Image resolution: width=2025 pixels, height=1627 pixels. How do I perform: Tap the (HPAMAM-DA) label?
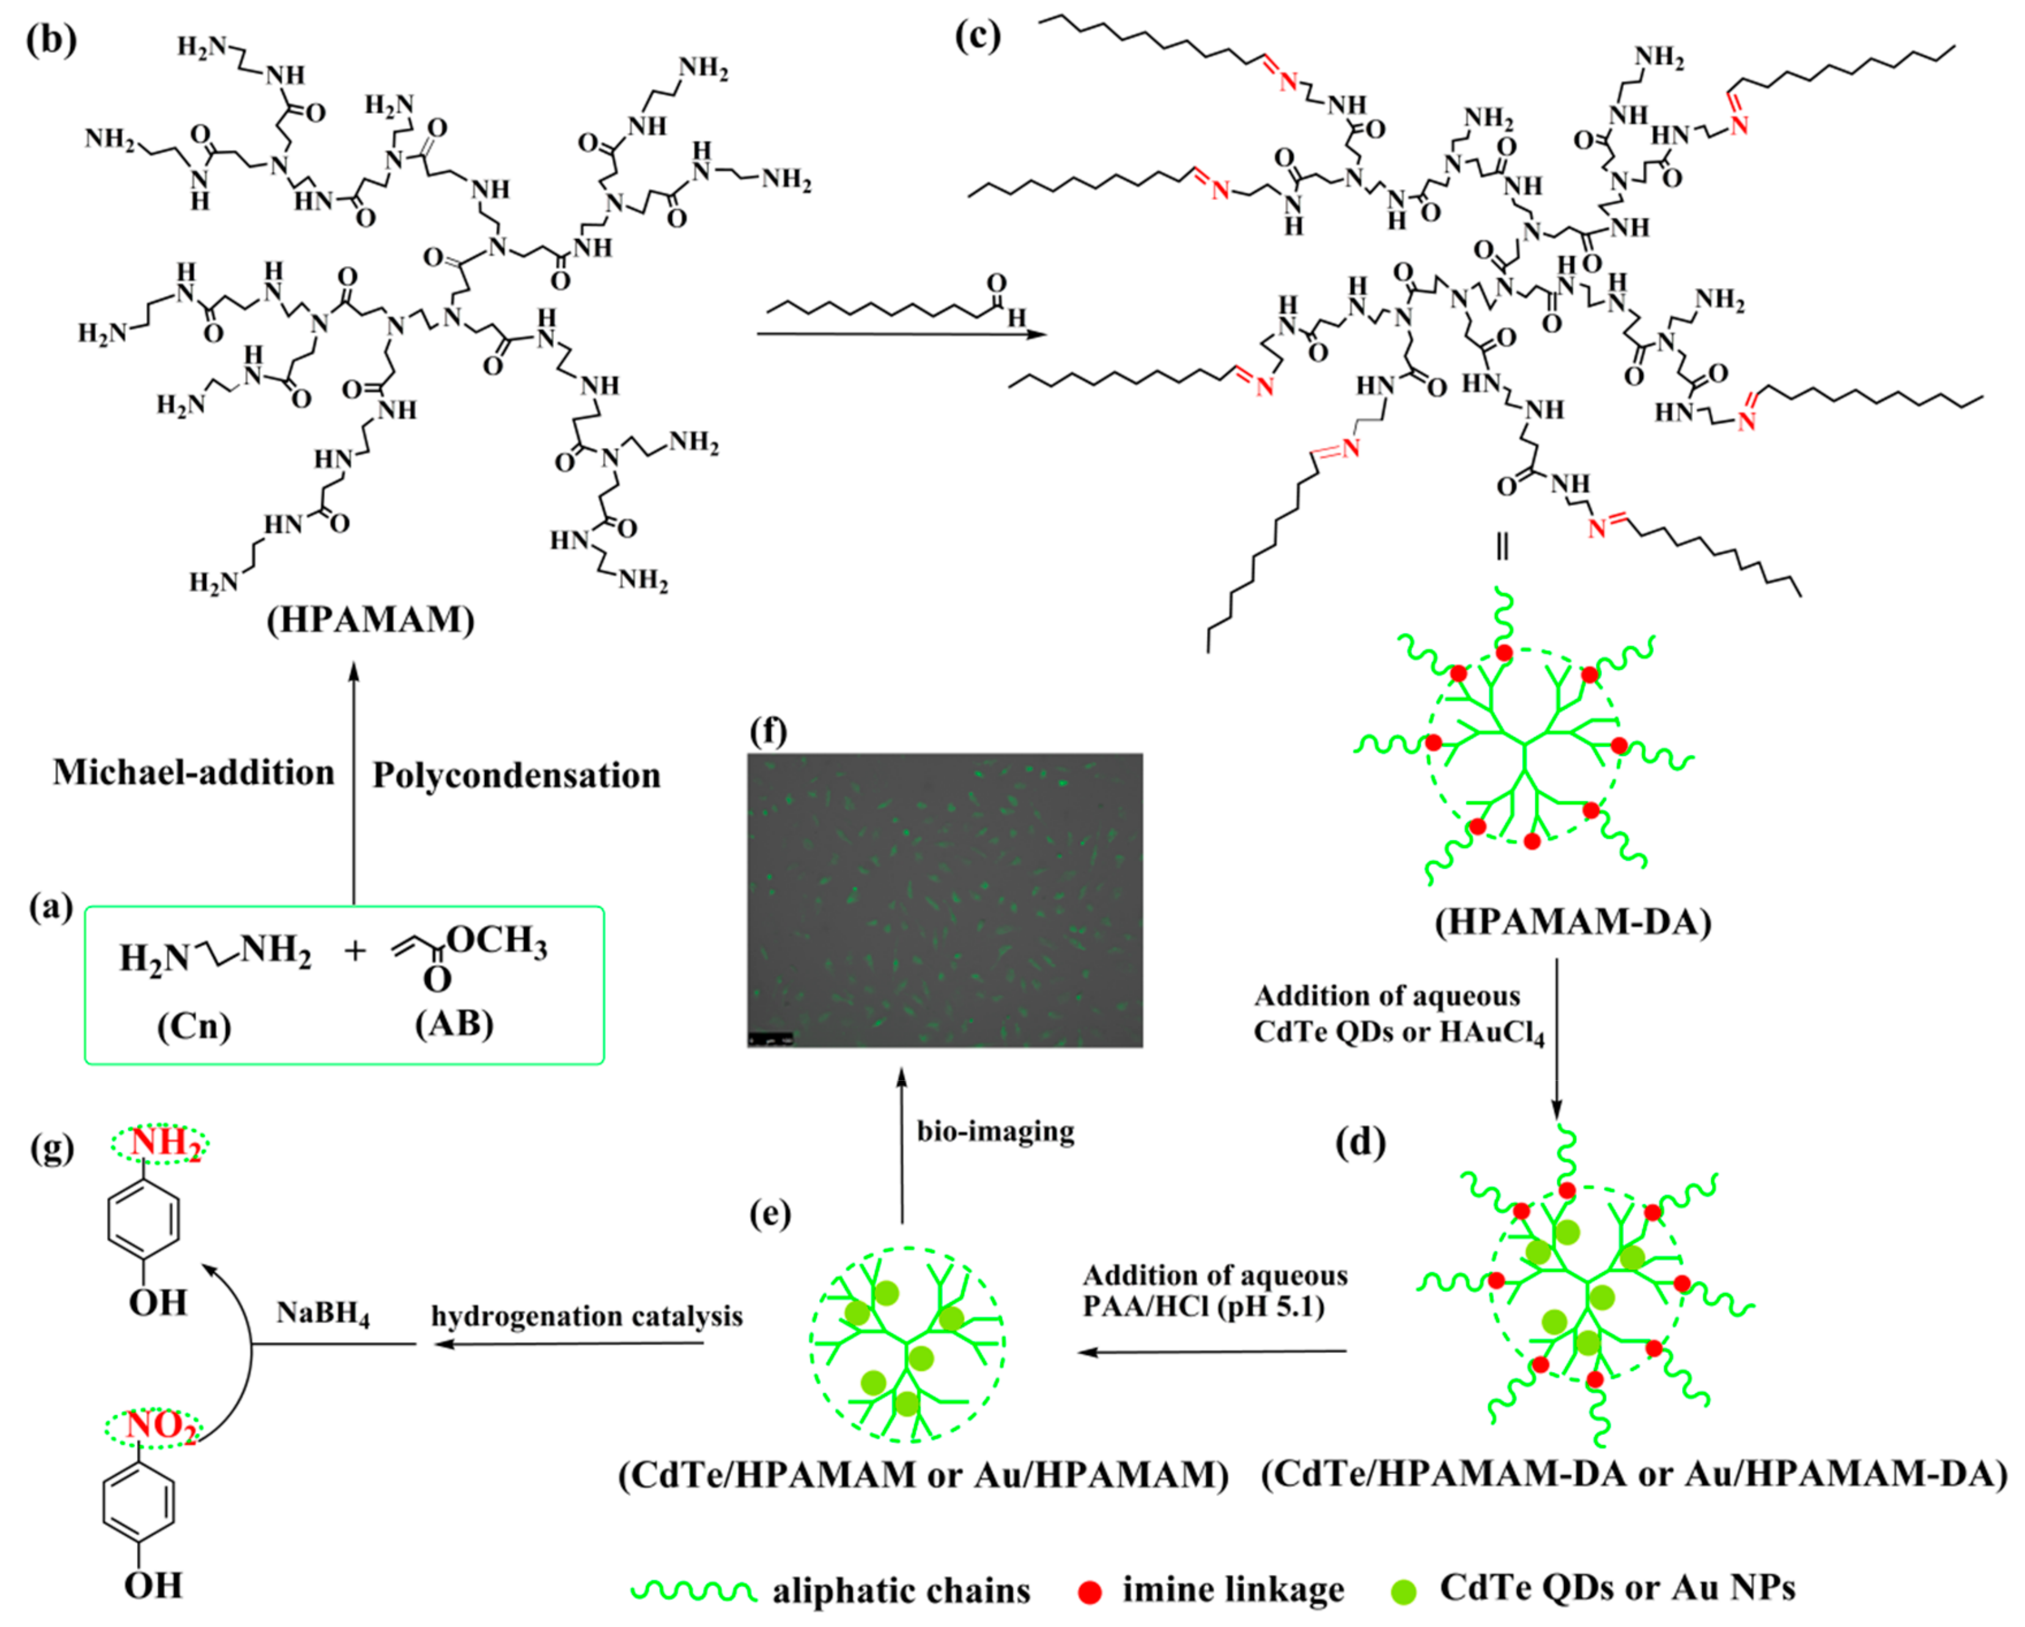(x=1573, y=922)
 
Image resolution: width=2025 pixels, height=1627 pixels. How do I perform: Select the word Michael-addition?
(x=193, y=772)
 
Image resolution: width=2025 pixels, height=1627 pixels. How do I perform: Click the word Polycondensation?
(x=517, y=776)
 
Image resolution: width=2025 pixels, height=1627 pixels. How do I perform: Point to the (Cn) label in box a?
(x=193, y=1026)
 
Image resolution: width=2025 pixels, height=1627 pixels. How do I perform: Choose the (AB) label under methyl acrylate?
(x=455, y=1023)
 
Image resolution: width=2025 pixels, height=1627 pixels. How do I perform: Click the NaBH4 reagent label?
(x=322, y=1313)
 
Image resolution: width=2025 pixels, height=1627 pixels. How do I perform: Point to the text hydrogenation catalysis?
(x=587, y=1316)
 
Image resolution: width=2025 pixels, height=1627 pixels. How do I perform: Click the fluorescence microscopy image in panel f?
(x=945, y=900)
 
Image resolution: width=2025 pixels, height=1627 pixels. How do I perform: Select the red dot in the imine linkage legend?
(x=1090, y=1592)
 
